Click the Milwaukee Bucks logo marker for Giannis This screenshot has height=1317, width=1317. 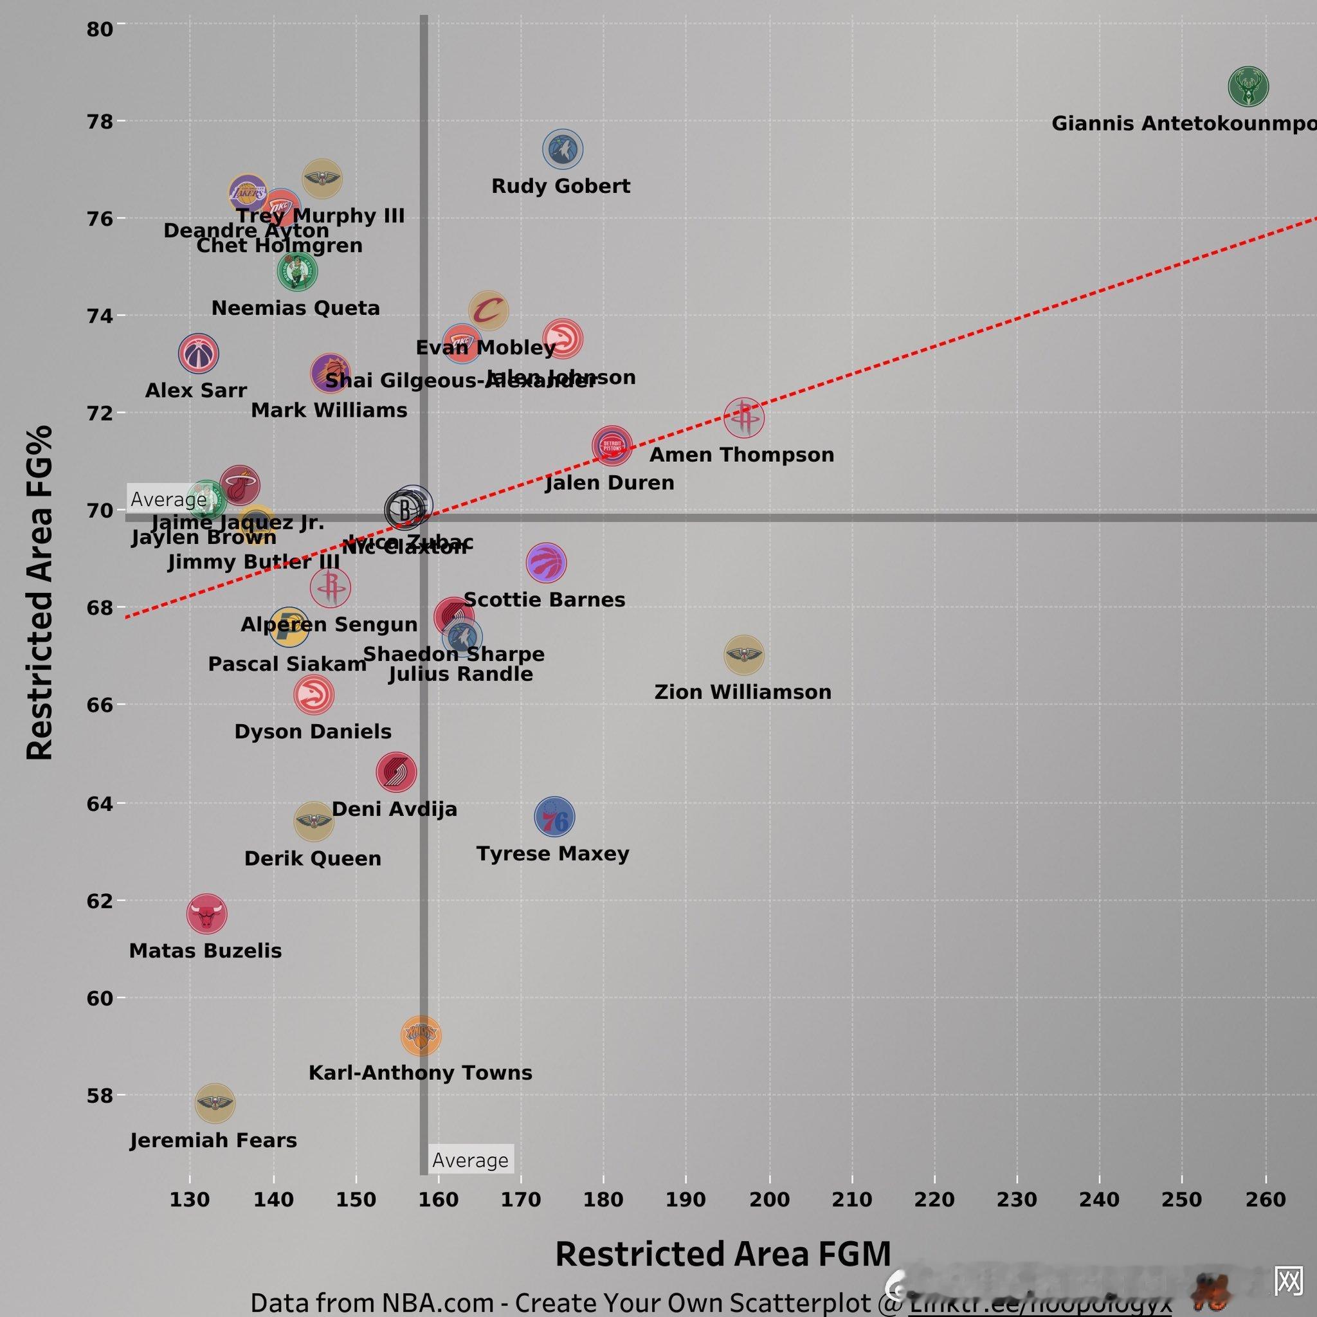[x=1248, y=87]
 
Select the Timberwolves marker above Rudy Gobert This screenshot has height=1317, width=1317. [x=563, y=149]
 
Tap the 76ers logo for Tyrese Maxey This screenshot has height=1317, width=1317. [x=554, y=817]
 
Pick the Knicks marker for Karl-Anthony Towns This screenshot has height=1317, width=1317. [x=421, y=1036]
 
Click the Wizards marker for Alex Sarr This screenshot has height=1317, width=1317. [x=198, y=354]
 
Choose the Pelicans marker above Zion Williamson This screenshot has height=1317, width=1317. [x=744, y=655]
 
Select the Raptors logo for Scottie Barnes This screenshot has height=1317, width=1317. [x=546, y=563]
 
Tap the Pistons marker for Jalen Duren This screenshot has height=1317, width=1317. [x=612, y=446]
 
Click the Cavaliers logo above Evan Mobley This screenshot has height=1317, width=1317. [x=488, y=311]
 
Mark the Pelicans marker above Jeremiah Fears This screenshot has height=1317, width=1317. [x=215, y=1103]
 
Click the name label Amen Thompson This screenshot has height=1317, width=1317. [x=741, y=455]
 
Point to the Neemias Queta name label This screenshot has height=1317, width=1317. [x=296, y=308]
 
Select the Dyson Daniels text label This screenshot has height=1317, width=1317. [x=313, y=731]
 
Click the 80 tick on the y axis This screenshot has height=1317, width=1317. [x=100, y=29]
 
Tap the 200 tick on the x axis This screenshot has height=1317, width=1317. [x=770, y=1200]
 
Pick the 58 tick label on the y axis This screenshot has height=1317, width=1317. [x=100, y=1095]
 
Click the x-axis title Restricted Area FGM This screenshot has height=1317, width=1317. [x=723, y=1254]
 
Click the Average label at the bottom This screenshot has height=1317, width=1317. [x=470, y=1160]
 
